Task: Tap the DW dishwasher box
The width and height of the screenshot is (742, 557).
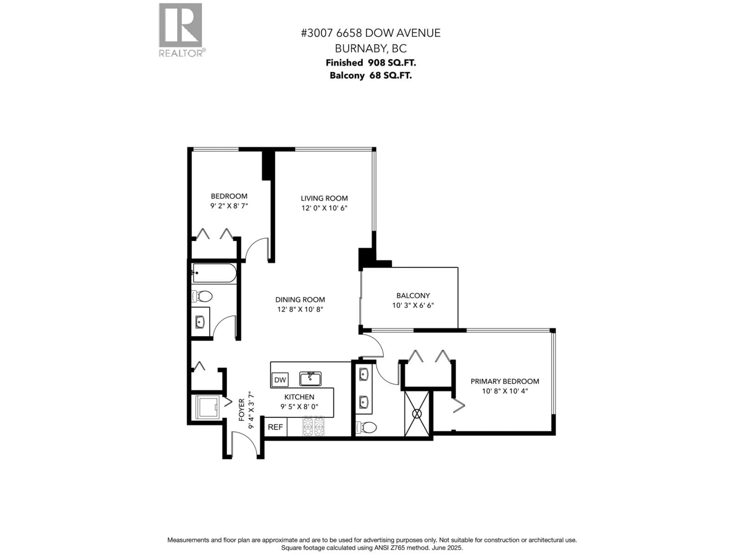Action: [x=280, y=380]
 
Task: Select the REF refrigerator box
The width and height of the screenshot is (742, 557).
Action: [x=275, y=427]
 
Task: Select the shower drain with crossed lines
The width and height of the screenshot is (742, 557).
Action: [x=417, y=414]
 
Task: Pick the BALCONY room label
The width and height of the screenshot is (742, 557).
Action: [x=413, y=296]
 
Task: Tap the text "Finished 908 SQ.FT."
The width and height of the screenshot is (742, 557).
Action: [x=371, y=63]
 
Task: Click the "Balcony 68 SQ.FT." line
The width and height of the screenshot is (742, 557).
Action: [x=371, y=76]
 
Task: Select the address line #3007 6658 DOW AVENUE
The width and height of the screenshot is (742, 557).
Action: [x=371, y=33]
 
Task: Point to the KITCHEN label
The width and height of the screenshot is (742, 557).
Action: [x=299, y=397]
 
